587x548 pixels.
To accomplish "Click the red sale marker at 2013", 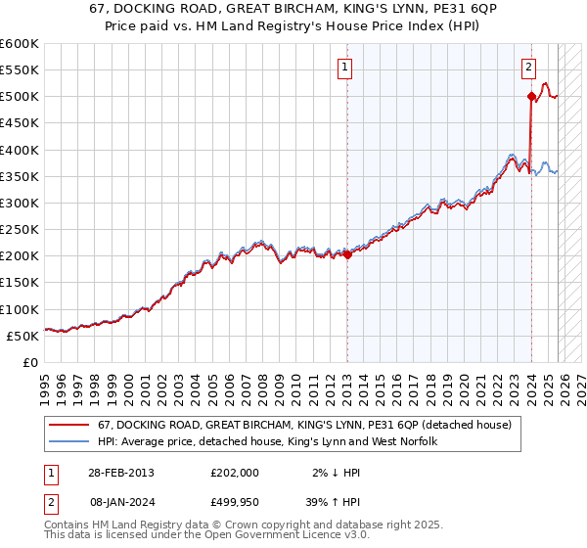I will point(347,255).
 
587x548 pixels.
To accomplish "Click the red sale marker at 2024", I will point(531,97).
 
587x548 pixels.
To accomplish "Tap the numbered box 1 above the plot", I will point(345,68).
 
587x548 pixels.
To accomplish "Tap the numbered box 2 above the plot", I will point(528,68).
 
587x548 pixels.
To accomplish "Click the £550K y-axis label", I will point(20,70).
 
